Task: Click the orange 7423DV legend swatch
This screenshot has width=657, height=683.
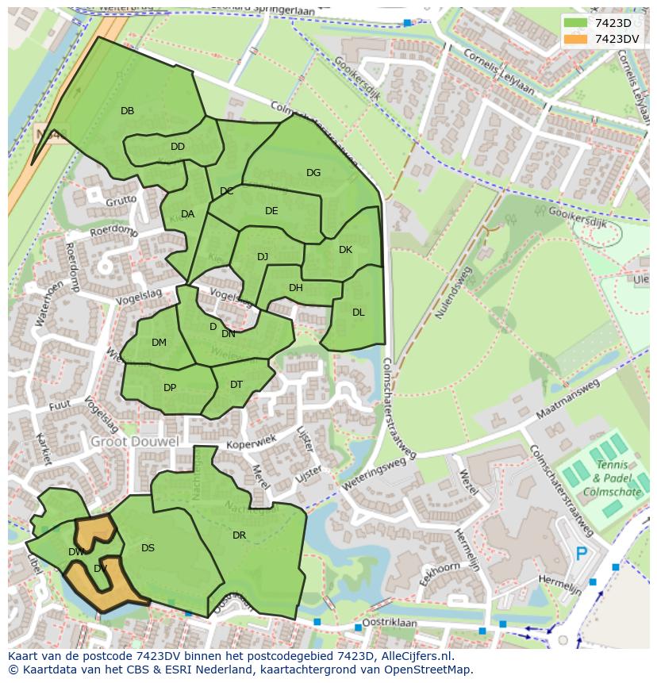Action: point(577,38)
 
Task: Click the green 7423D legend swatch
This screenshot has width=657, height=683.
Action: point(577,23)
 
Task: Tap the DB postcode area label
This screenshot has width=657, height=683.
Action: point(127,111)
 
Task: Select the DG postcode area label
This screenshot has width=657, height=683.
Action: point(313,173)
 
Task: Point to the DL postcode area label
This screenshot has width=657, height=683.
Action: point(358,313)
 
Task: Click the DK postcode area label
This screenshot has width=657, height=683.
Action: point(345,250)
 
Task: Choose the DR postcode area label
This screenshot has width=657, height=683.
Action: point(239,535)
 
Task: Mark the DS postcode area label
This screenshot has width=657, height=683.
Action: point(148,548)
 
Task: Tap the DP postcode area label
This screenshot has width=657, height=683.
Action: point(169,388)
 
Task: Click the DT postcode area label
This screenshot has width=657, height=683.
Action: point(236,385)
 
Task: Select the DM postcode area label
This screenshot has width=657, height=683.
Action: point(159,343)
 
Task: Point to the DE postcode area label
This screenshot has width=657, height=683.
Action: point(271,211)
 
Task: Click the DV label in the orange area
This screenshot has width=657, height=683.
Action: point(100,569)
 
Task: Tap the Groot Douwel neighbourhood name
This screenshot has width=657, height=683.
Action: point(134,441)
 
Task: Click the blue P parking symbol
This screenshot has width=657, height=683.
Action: point(582,554)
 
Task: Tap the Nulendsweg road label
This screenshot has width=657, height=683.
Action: point(452,293)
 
